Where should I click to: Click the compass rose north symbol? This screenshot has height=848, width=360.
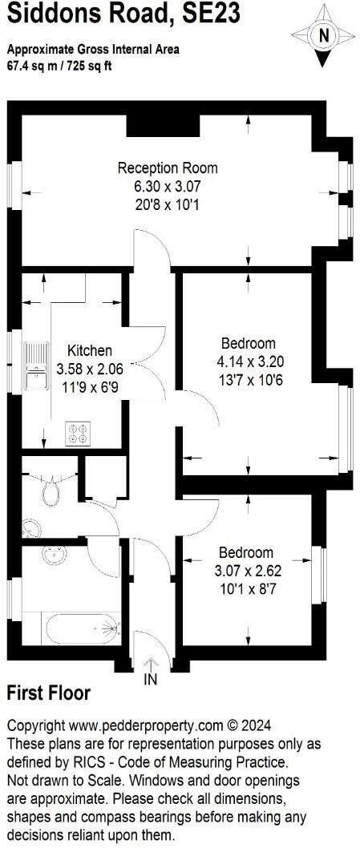tap(323, 34)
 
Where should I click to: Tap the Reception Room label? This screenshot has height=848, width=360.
tap(168, 168)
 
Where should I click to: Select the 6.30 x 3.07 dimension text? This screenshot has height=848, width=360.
tap(168, 186)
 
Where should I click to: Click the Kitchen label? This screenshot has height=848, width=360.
tap(89, 351)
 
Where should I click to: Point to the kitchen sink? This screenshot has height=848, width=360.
tap(35, 357)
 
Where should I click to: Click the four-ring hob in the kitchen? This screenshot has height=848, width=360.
tap(78, 433)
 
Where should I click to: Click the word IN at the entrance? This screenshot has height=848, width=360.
tap(150, 680)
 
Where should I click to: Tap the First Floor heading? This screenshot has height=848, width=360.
tap(48, 693)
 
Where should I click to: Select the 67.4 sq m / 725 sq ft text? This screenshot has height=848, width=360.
tap(60, 65)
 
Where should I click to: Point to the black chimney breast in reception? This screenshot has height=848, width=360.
tap(163, 124)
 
